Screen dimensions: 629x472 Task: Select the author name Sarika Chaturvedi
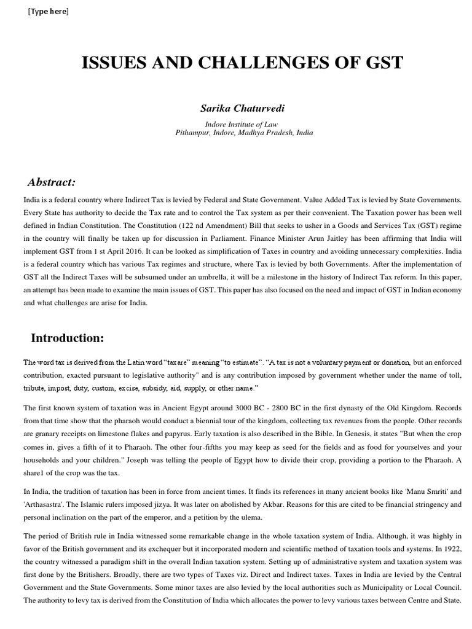coord(235,108)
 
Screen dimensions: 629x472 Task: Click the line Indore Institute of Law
coord(235,123)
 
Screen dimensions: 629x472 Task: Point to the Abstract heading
coord(52,182)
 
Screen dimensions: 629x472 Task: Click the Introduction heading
coord(68,338)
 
